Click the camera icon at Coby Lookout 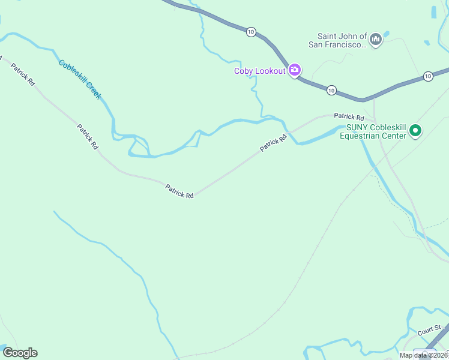pos(294,71)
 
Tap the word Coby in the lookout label pos(243,71)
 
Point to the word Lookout pos(270,71)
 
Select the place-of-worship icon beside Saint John pos(376,40)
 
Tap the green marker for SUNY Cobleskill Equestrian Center pos(415,130)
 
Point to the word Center pos(394,135)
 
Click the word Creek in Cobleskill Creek pos(93,90)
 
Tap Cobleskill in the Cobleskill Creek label pos(72,70)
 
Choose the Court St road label pos(429,331)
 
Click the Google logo pos(20,353)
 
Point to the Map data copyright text pos(424,355)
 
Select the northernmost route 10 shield pos(250,31)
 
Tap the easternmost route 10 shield pos(427,76)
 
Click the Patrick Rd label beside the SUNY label pos(349,116)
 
